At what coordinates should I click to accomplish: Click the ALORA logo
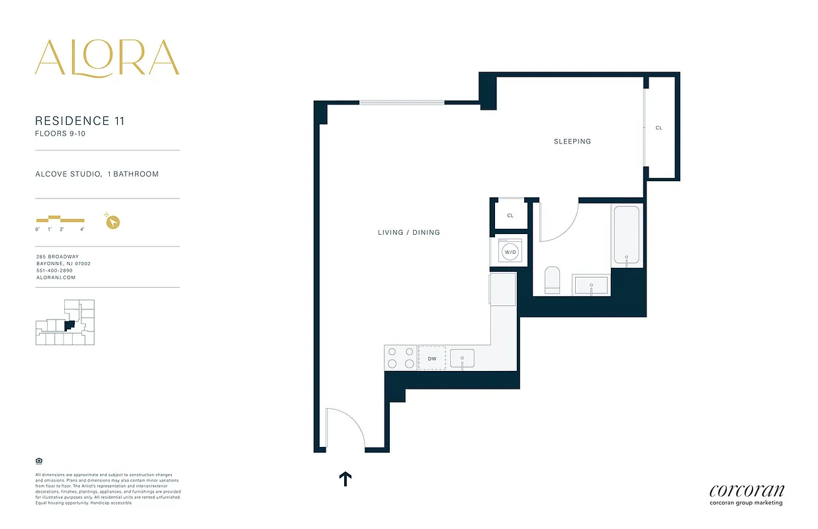point(107,58)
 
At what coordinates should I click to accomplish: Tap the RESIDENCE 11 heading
point(79,121)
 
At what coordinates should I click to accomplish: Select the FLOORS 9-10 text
point(60,134)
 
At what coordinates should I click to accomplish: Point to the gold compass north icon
point(113,222)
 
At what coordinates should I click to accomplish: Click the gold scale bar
point(60,219)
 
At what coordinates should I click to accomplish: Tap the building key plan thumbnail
point(65,322)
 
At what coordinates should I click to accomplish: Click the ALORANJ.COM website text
point(56,278)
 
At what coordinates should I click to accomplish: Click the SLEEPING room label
point(572,142)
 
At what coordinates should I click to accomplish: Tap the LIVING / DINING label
point(408,233)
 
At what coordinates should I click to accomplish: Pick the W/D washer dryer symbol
point(510,252)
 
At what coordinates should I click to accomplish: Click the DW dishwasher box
point(432,358)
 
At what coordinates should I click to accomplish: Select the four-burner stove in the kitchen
point(400,358)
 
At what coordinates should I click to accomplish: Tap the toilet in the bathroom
point(552,280)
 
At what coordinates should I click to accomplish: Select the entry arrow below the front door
point(345,479)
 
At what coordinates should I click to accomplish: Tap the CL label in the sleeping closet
point(659,128)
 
